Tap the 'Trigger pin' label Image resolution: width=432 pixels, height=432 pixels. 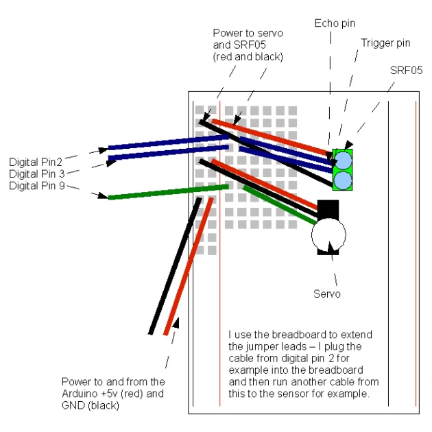(385, 43)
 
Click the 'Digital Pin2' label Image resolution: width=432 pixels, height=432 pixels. (36, 163)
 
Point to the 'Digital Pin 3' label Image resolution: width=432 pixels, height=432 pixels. (38, 174)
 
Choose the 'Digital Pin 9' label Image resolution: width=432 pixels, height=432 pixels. (38, 186)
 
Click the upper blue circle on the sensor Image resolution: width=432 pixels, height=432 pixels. (342, 160)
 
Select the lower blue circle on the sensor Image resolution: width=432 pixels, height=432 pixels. (342, 180)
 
